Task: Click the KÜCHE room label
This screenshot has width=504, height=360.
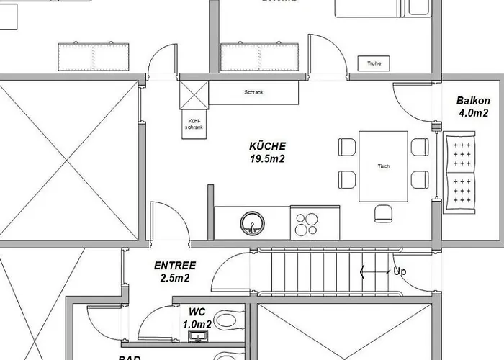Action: [267, 146]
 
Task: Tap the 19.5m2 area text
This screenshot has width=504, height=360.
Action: [267, 158]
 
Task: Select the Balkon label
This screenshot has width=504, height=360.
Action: [473, 102]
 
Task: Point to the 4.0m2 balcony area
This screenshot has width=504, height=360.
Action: [473, 113]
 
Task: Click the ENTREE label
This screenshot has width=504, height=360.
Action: [175, 266]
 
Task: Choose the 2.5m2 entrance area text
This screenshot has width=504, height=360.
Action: [175, 277]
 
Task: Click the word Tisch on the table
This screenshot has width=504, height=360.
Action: [383, 167]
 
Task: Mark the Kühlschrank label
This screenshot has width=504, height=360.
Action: [194, 124]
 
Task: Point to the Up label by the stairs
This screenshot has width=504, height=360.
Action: [401, 272]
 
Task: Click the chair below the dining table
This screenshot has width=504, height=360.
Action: [383, 213]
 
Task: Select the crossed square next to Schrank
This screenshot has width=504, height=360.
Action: [193, 94]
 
